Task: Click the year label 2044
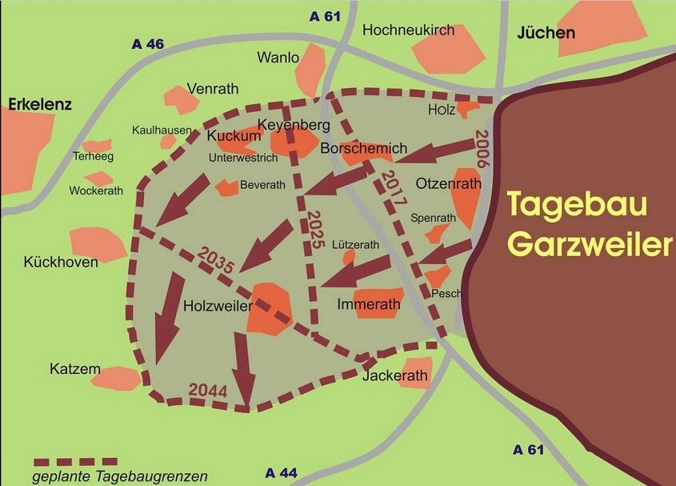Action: (x=208, y=392)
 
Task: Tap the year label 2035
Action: (x=217, y=262)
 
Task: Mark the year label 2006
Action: (x=481, y=147)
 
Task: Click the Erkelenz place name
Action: (x=40, y=104)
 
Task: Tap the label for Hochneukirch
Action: (x=408, y=30)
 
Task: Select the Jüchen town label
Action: (x=546, y=33)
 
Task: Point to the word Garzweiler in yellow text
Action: (x=591, y=243)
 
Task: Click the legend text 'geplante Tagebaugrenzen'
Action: (x=120, y=476)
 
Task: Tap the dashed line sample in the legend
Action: (x=75, y=462)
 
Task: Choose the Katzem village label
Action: (x=75, y=369)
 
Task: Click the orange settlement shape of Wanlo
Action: (x=310, y=70)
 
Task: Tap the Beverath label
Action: (x=262, y=185)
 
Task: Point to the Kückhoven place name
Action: (x=61, y=262)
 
